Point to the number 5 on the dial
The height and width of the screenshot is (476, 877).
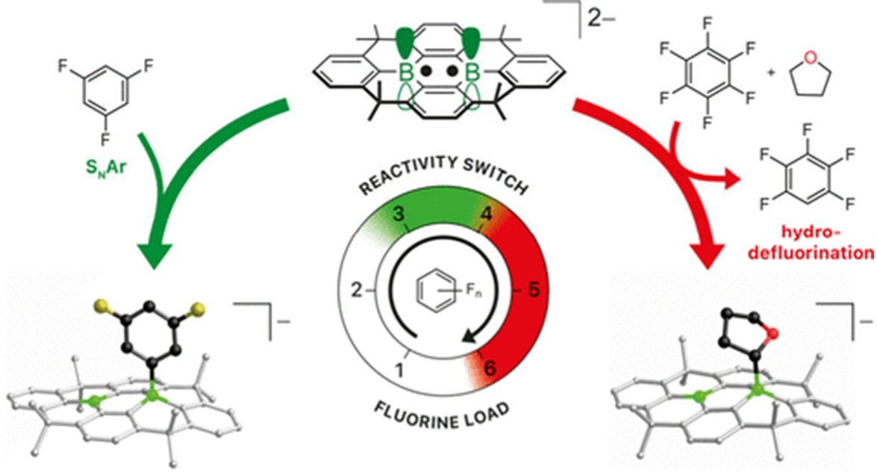coord(534,291)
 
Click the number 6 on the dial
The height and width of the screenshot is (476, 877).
coord(490,368)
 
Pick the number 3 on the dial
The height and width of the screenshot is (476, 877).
coord(398,214)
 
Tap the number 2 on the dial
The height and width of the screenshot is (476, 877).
coord(357,291)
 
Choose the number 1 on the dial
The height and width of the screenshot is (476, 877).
coord(399,371)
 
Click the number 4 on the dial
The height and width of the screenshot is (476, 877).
coord(486,214)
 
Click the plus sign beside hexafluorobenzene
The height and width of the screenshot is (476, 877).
coord(772,72)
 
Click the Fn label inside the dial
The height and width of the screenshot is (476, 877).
coord(472,290)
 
